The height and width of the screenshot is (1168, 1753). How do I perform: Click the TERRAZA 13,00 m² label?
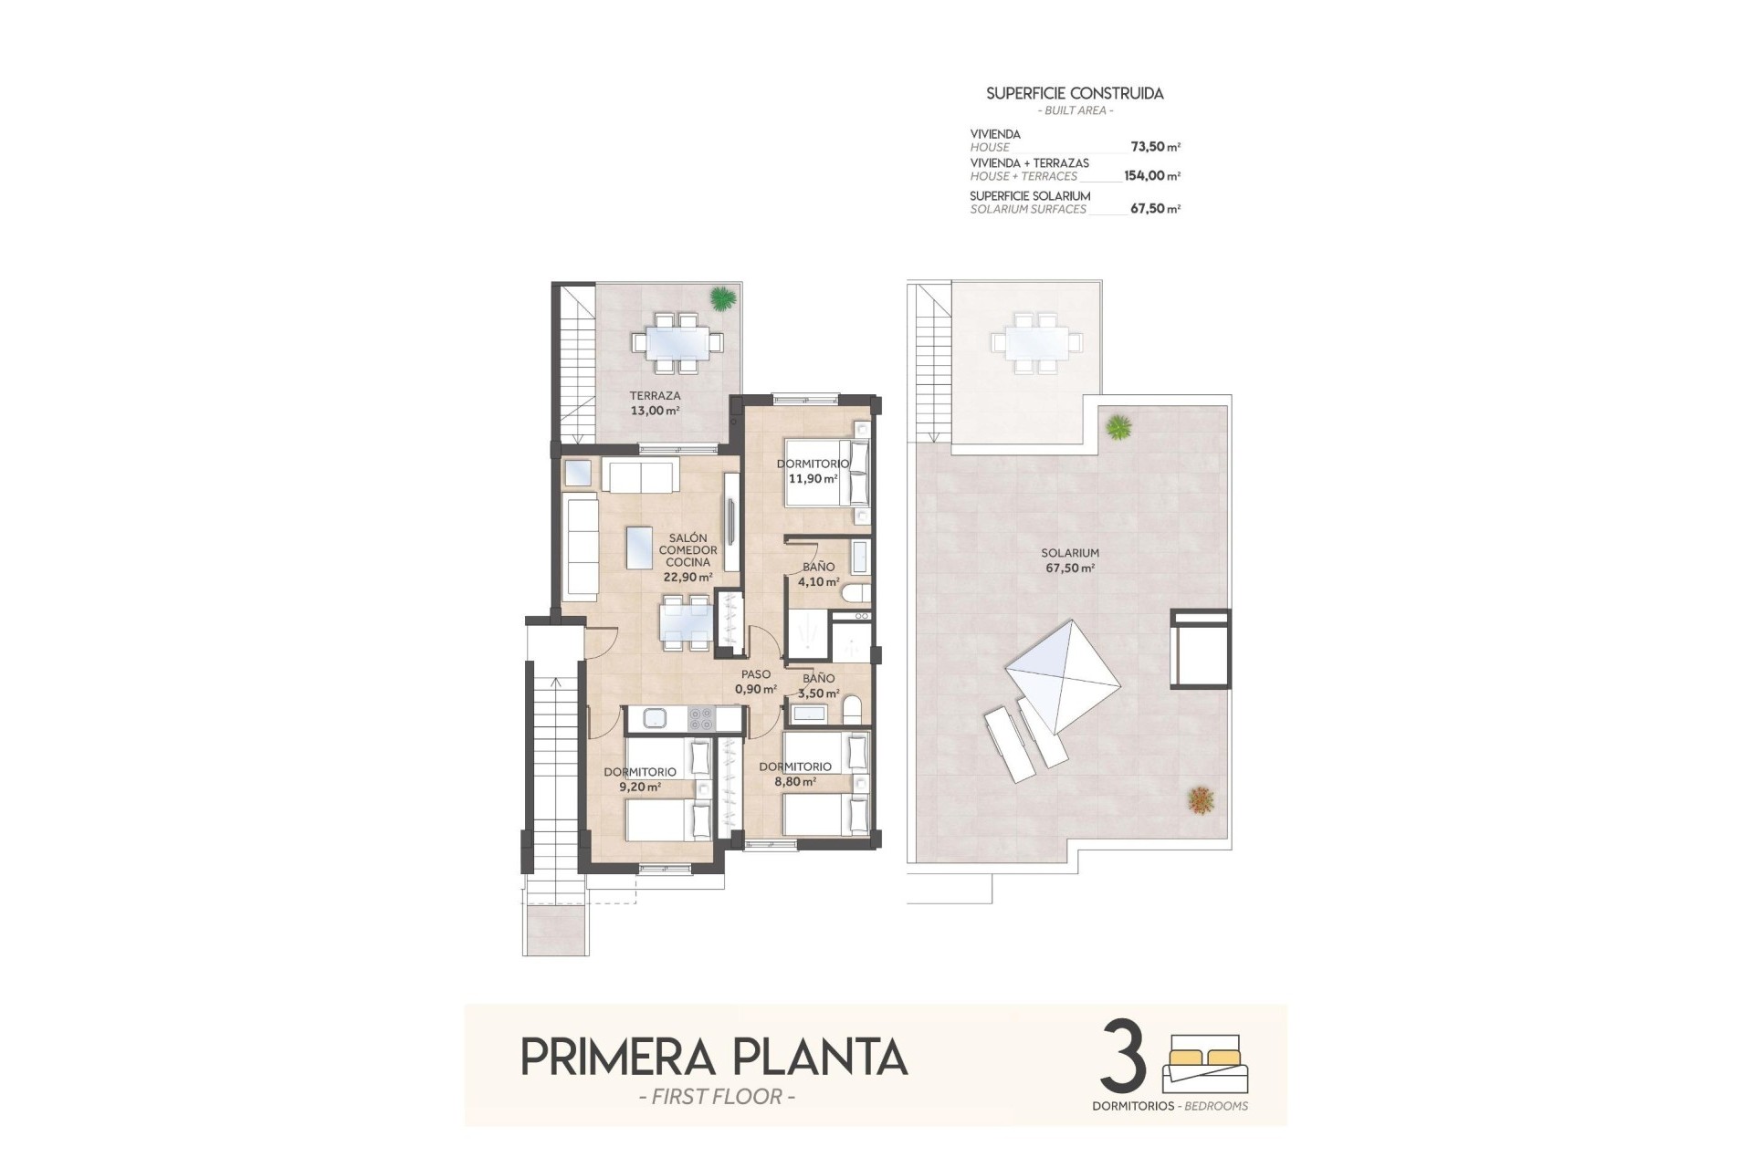click(655, 403)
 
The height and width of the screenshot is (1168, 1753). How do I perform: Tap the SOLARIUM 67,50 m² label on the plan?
click(1069, 560)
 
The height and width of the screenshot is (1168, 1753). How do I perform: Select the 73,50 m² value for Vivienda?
click(1155, 147)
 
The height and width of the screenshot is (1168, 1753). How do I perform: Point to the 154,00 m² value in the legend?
click(1151, 176)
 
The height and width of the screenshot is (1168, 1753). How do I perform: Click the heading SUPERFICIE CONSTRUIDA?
click(1075, 93)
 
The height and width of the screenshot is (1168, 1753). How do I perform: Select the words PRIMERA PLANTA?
click(714, 1058)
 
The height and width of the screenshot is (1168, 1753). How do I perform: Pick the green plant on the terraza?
click(722, 297)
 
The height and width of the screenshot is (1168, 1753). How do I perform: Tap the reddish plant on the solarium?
click(1201, 800)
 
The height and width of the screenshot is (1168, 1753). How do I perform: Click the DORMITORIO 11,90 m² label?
click(813, 471)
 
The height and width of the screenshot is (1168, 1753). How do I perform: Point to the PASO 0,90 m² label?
click(756, 682)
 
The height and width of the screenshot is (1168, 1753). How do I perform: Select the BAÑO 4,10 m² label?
click(818, 574)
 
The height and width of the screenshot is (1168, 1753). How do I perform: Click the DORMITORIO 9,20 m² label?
click(639, 778)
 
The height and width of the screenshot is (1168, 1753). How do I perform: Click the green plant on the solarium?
click(1118, 426)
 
